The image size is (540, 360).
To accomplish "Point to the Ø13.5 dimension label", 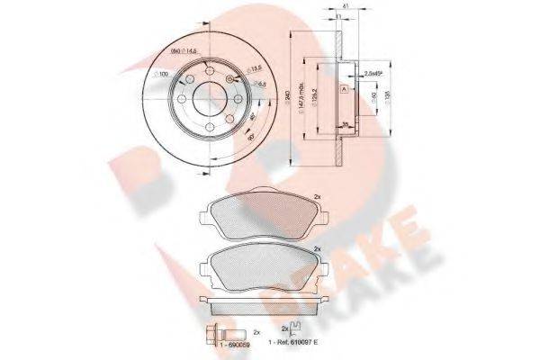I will click(x=256, y=68).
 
